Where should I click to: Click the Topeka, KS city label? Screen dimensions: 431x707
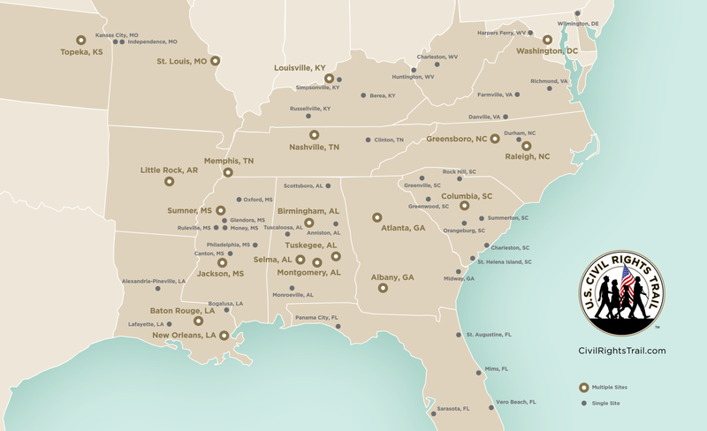click(x=80, y=52)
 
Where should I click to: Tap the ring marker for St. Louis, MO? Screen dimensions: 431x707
click(x=216, y=62)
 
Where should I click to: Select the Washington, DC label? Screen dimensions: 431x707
click(x=547, y=51)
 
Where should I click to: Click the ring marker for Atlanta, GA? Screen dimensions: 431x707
click(x=376, y=216)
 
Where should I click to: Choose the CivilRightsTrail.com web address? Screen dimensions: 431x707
click(x=621, y=351)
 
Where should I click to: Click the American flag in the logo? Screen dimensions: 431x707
click(x=628, y=282)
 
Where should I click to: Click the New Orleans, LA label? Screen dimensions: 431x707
click(x=185, y=336)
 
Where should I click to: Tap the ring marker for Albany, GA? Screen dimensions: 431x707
click(x=383, y=288)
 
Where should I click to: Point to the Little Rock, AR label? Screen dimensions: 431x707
click(x=168, y=170)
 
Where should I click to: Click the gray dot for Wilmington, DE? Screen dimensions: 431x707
click(x=577, y=13)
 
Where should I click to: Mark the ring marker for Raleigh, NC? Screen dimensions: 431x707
click(x=527, y=146)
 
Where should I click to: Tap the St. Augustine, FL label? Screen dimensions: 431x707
click(x=489, y=336)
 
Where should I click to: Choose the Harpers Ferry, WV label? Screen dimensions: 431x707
click(x=501, y=33)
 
